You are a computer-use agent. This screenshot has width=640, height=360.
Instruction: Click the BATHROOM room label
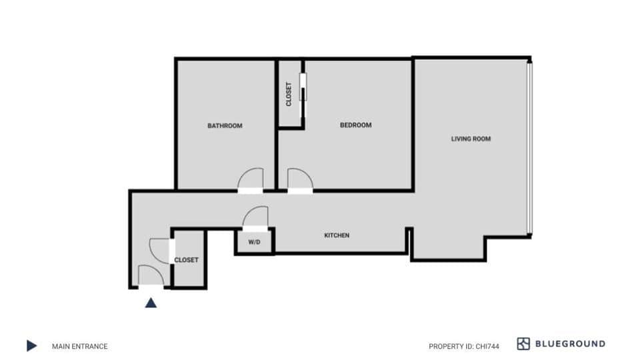pos(225,125)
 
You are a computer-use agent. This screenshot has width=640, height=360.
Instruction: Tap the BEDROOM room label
pos(355,125)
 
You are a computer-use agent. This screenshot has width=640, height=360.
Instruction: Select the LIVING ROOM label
pos(471,139)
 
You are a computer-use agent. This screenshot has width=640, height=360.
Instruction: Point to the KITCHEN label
pos(337,235)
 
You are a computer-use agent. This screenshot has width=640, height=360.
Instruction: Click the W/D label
pos(254,242)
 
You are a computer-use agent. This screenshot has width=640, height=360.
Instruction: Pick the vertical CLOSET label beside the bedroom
pos(289,94)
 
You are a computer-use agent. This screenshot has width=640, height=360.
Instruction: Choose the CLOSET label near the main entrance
pos(186,260)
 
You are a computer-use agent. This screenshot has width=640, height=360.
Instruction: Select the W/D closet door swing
pos(255,217)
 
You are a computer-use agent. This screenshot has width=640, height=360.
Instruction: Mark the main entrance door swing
pos(151,275)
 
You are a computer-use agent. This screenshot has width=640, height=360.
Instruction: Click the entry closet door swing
pos(161,249)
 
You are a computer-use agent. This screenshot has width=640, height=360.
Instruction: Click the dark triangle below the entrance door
pos(151,303)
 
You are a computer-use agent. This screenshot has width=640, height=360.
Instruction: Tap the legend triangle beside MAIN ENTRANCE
pos(31,345)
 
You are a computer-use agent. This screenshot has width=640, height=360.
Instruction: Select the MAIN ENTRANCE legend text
pos(79,346)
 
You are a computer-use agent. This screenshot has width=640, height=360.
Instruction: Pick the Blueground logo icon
pos(523,344)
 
